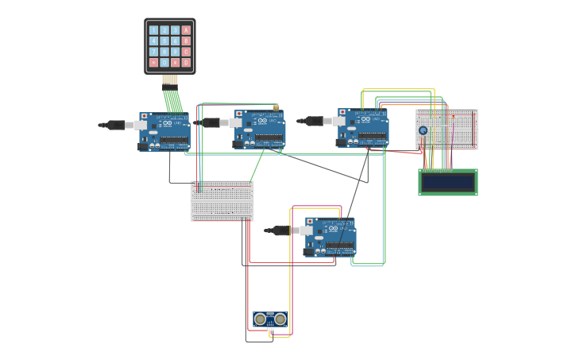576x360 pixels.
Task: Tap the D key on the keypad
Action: (186, 62)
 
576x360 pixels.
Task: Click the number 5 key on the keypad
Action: (164, 41)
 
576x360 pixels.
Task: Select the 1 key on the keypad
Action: (153, 30)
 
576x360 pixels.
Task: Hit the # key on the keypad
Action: (175, 62)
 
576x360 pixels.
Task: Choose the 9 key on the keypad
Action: (175, 52)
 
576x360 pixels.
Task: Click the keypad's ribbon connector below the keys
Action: (169, 79)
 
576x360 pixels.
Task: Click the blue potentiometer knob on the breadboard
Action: (423, 130)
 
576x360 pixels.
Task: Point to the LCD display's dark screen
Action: (448, 182)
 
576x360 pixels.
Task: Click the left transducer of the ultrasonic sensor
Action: (260, 319)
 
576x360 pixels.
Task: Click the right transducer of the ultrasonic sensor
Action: (280, 319)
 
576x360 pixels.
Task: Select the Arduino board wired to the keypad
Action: (165, 131)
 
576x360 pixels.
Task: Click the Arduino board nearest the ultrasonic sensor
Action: (331, 237)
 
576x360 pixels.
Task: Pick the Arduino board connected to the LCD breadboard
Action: (364, 128)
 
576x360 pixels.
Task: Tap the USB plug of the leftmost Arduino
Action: (116, 125)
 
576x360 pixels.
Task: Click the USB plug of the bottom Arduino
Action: (282, 230)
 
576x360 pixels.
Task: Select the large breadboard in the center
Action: (222, 200)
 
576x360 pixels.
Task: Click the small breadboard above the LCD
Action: (446, 129)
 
